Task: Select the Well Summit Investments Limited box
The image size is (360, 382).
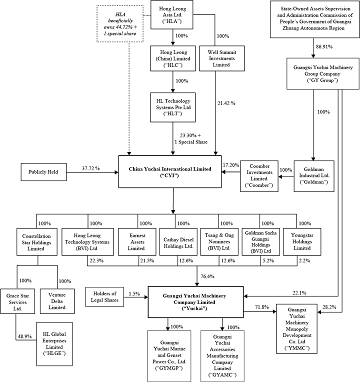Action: click(216, 58)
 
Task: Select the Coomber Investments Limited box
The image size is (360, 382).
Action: click(259, 175)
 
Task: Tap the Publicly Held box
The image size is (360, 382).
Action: click(43, 172)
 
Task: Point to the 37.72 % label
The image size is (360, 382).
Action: click(90, 168)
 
